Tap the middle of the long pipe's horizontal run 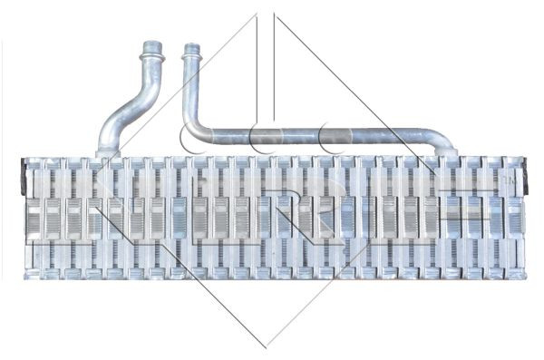click(x=317, y=138)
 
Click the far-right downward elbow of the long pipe click(x=444, y=143)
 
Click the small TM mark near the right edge click(x=509, y=181)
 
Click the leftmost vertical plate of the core click(x=33, y=218)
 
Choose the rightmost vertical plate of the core click(x=514, y=218)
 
